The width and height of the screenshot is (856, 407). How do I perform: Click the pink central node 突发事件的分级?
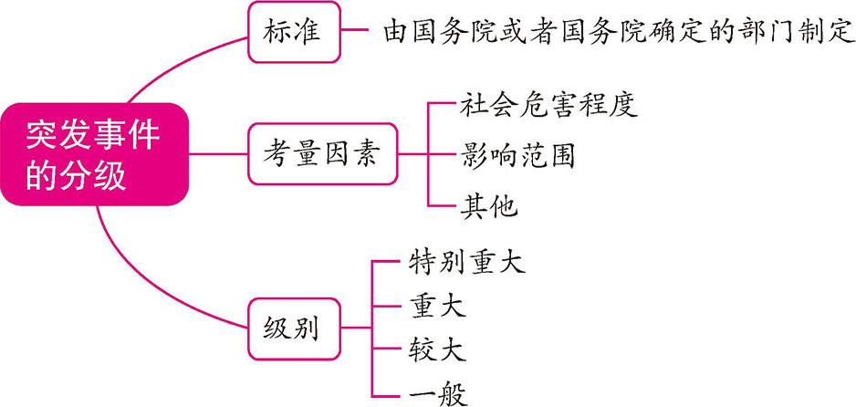(x=93, y=154)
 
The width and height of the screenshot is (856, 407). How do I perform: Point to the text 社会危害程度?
(x=545, y=103)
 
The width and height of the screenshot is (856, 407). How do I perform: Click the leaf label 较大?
(x=433, y=350)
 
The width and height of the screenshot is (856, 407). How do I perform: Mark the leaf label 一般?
(x=433, y=393)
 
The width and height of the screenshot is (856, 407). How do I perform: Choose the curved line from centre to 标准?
(x=173, y=64)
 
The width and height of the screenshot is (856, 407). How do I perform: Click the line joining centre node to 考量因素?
(x=219, y=153)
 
